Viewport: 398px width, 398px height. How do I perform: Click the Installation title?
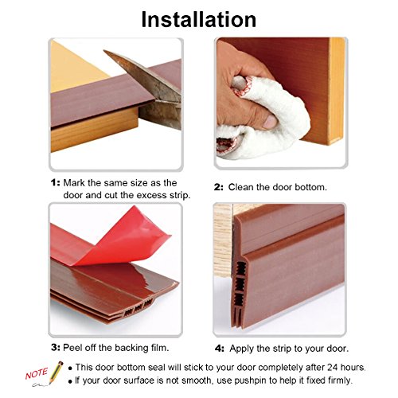click(x=199, y=19)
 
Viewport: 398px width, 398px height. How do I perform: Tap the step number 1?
click(x=55, y=183)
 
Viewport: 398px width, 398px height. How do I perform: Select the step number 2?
click(x=219, y=187)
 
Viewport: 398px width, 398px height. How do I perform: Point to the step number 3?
click(x=56, y=348)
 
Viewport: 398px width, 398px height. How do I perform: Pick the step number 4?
click(x=220, y=349)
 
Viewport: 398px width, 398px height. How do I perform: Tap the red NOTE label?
click(x=37, y=373)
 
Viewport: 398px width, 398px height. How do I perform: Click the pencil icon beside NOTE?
click(x=56, y=373)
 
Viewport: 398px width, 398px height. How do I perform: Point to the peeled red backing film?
click(x=117, y=239)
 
